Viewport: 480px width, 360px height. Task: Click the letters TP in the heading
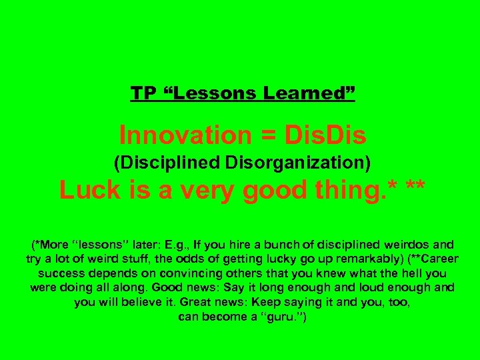[141, 93]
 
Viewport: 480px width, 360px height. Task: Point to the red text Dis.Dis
[325, 135]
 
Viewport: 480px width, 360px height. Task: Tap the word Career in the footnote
[437, 259]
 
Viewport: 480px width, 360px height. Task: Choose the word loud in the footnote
[381, 288]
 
